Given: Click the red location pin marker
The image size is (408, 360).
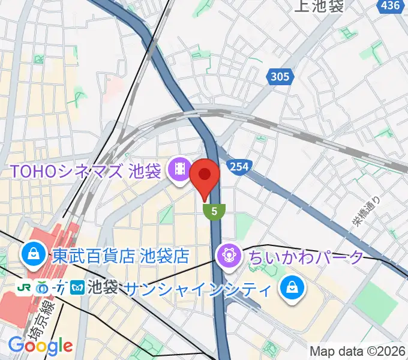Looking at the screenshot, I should pos(205,175).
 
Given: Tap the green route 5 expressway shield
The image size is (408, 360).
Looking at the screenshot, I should pos(214,211).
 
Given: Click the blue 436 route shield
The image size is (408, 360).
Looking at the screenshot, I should pos(391,5).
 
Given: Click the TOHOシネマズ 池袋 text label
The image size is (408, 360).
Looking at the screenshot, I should pos(84,171).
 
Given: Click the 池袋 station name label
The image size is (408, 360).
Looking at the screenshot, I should pos(101,287).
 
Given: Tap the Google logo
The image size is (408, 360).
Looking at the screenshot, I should pos(40,346).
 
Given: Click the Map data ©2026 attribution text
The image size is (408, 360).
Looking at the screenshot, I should pos(357,351).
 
